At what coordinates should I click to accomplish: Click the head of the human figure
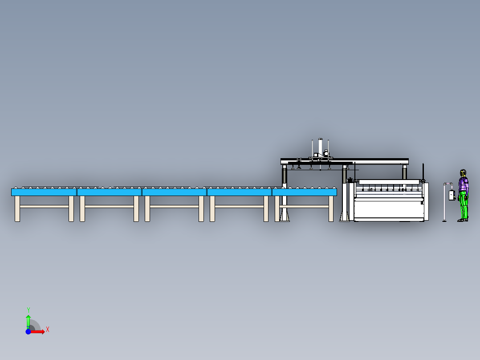click(x=463, y=173)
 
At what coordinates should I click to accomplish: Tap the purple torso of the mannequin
click(x=463, y=184)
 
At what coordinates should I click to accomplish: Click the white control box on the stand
click(x=452, y=196)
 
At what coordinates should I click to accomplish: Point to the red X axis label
click(x=48, y=330)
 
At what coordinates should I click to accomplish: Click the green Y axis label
click(x=28, y=310)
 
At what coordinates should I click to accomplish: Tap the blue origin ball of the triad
click(x=28, y=331)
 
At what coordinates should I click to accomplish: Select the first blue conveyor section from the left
click(x=44, y=192)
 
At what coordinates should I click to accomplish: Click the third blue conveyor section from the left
click(x=174, y=192)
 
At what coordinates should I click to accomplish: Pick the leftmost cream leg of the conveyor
click(x=17, y=209)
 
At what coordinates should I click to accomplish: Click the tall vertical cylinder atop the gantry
click(x=320, y=147)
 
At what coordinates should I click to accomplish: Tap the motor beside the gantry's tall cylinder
click(x=326, y=152)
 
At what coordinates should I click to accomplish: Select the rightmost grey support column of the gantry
click(x=404, y=172)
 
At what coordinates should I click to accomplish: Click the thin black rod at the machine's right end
click(x=423, y=172)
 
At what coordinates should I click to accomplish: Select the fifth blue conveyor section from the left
click(x=304, y=192)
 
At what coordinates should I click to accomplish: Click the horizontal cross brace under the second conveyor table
click(x=109, y=206)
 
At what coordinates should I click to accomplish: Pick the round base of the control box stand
click(x=444, y=221)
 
